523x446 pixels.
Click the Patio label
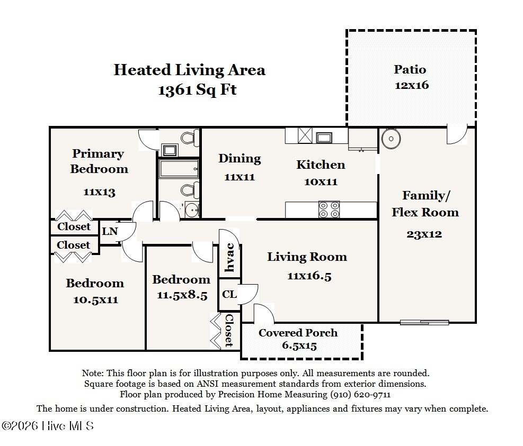click(x=410, y=69)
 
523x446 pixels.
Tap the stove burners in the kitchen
click(x=329, y=210)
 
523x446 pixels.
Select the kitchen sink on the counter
click(x=324, y=137)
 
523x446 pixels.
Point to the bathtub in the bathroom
click(x=179, y=169)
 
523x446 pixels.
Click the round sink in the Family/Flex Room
click(x=391, y=139)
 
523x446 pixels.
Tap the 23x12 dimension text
click(x=424, y=234)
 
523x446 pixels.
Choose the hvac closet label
click(x=230, y=258)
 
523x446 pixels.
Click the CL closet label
click(x=229, y=294)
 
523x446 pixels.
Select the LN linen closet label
click(x=110, y=231)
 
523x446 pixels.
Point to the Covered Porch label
click(x=298, y=333)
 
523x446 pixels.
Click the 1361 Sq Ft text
click(x=198, y=90)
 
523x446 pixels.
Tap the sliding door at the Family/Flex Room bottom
click(x=424, y=322)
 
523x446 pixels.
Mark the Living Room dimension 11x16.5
click(x=309, y=276)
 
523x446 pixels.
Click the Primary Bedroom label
click(x=99, y=161)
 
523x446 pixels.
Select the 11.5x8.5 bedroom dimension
click(x=182, y=295)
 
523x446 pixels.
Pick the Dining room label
click(x=240, y=158)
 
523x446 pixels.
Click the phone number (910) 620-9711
click(x=360, y=395)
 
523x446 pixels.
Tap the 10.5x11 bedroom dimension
click(x=96, y=299)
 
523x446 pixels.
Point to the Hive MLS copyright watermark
click(x=47, y=426)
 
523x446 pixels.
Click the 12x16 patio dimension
click(x=412, y=85)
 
